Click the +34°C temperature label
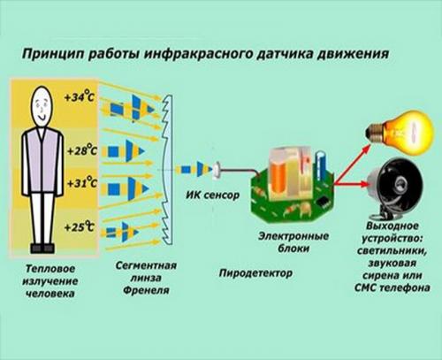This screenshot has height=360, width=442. (x=79, y=96)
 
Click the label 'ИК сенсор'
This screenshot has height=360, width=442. (x=211, y=194)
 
